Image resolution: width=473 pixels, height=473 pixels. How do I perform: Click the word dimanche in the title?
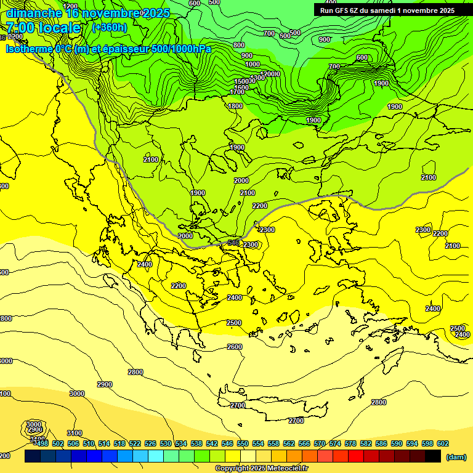[x=34, y=13]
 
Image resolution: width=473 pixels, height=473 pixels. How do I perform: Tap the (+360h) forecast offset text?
[x=110, y=27]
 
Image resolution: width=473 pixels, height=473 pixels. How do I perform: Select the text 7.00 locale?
[x=43, y=28]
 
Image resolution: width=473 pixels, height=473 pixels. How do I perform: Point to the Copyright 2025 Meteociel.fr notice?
[x=261, y=468]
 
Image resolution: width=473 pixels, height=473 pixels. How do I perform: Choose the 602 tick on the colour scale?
[x=442, y=443]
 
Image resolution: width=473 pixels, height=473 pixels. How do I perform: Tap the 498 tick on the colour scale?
[x=41, y=443]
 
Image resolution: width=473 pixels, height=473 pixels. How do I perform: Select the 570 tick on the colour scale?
[x=319, y=443]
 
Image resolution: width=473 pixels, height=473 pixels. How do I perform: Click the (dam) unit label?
[x=456, y=456]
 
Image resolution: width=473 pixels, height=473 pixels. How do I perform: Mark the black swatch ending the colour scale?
[x=433, y=456]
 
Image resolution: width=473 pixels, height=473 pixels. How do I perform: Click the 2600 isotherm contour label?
[x=234, y=347]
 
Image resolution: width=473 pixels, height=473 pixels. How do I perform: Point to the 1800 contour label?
[x=235, y=106]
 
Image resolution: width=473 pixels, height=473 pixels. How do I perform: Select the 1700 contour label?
[x=237, y=92]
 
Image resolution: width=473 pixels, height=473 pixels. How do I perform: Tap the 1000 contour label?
[x=252, y=64]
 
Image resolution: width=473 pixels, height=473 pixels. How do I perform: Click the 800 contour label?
[x=238, y=45]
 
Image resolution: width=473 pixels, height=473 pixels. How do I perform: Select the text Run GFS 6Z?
[x=338, y=10]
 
